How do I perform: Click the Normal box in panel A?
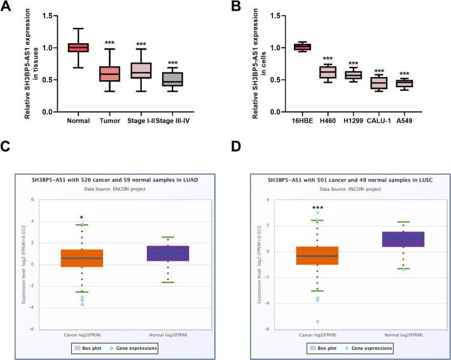click(79, 48)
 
